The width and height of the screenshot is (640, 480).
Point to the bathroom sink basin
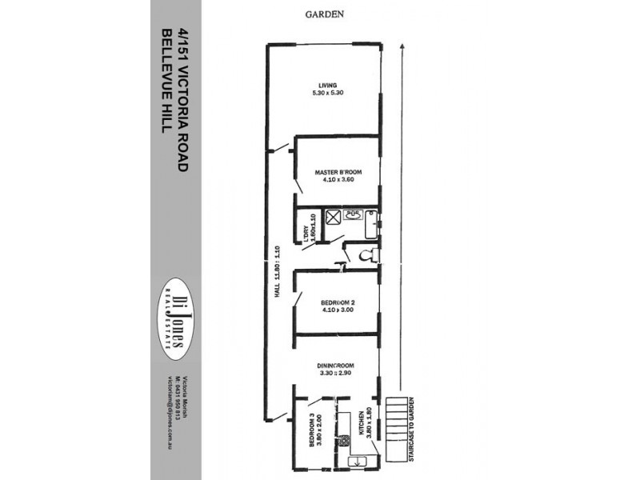pyautogui.click(x=355, y=214)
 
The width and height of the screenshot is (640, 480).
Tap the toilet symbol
pyautogui.click(x=367, y=256)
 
